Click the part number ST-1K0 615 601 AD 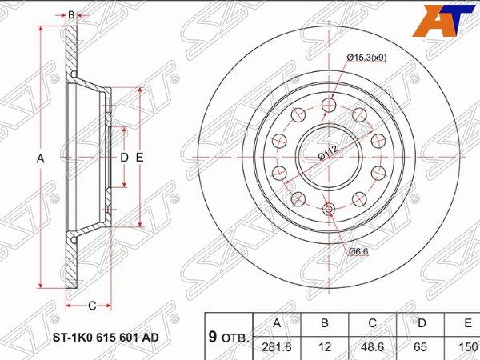point(106,337)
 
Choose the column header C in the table point(373,323)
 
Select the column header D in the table point(421,323)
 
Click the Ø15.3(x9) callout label point(369,57)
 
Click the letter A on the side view point(40,158)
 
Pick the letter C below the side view point(92,305)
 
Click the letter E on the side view point(139,158)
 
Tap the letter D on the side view point(124,158)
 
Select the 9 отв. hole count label point(228,337)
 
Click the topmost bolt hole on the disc point(328,105)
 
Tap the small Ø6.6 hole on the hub point(328,210)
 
